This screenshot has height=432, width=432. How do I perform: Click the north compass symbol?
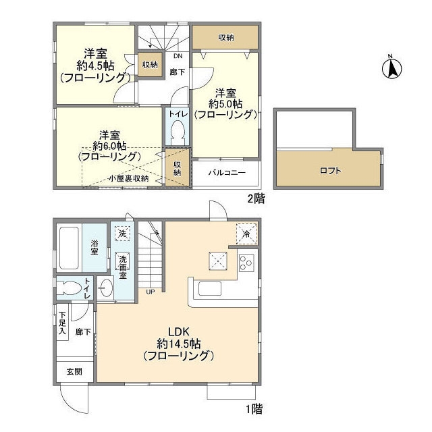pos(391,67)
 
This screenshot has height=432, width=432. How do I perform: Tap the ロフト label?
pos(329,170)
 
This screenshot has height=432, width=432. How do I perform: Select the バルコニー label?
pos(226,172)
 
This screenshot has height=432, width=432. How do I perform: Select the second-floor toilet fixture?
pos(178,129)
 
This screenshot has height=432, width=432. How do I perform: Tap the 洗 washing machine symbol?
pos(122,234)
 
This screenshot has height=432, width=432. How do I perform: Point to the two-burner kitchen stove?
pos(246,262)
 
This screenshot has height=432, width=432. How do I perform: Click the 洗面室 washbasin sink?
pos(106,289)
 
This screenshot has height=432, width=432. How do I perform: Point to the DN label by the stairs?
pos(178,57)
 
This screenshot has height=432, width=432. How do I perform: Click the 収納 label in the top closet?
pos(226,38)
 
